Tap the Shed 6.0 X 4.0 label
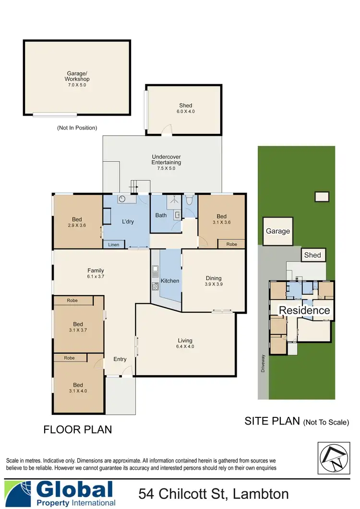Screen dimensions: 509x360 click(x=185, y=108)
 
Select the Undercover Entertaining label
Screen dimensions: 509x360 click(x=166, y=159)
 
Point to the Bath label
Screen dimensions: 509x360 click(x=161, y=215)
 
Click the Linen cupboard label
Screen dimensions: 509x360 click(x=113, y=245)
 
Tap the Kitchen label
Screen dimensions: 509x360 click(x=170, y=281)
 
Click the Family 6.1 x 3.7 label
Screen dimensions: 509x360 click(x=96, y=274)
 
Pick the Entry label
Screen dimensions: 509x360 click(x=120, y=359)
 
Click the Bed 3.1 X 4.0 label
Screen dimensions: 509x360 click(x=78, y=388)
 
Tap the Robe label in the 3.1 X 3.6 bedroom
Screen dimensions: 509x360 click(x=231, y=244)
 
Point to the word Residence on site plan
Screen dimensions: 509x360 click(x=304, y=310)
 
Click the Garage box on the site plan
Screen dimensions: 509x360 click(x=278, y=231)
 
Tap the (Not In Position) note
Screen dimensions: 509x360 click(x=77, y=128)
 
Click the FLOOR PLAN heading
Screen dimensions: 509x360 click(x=78, y=429)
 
